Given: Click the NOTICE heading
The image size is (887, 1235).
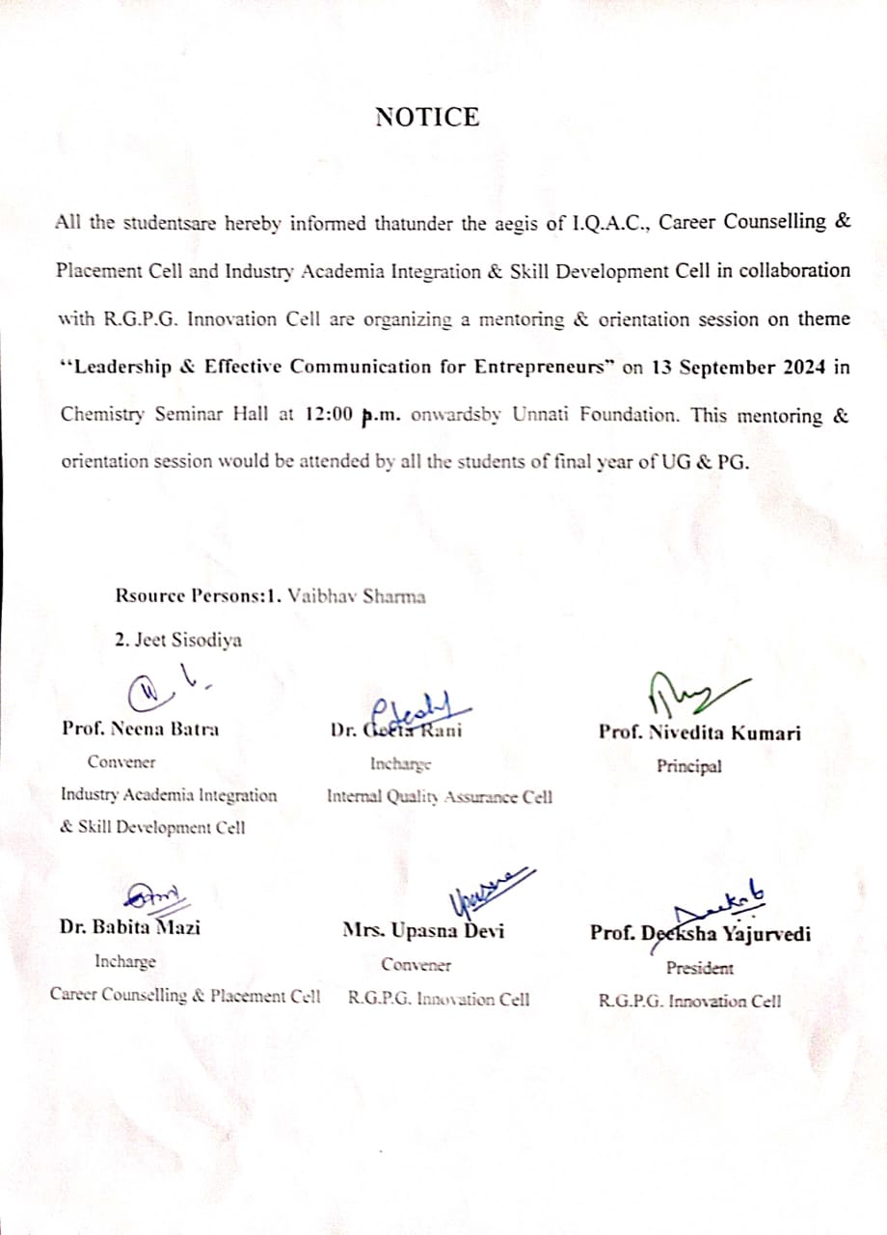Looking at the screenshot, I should (427, 118).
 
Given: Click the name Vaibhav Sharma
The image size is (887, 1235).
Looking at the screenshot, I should (357, 595).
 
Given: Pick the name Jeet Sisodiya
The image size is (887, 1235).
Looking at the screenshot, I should (179, 640).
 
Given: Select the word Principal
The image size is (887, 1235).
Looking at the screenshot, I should (689, 767).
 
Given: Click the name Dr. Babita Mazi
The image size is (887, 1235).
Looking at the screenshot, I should (130, 929).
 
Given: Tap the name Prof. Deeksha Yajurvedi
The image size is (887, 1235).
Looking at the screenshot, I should (700, 933).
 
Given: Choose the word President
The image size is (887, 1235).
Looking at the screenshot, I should (699, 968).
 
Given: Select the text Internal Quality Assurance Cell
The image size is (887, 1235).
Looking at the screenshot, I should (440, 797).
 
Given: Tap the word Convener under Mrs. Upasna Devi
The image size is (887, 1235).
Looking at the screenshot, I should (416, 964).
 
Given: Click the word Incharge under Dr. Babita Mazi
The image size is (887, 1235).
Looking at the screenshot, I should (125, 962).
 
